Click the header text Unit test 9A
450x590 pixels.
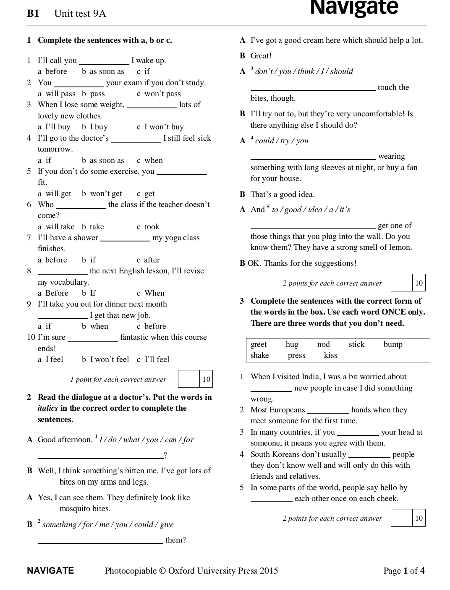(x=80, y=14)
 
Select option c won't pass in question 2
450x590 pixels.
(x=159, y=94)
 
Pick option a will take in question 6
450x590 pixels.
(x=56, y=227)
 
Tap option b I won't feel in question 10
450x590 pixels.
(x=105, y=359)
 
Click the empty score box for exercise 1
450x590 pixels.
(x=188, y=379)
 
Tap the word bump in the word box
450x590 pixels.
(x=392, y=344)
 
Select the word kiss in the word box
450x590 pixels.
(x=330, y=355)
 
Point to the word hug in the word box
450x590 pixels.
(x=292, y=344)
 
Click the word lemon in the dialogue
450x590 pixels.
(x=401, y=247)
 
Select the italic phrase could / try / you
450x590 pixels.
(x=282, y=141)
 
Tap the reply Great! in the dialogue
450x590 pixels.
(x=261, y=56)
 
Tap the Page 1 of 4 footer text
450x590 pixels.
(x=404, y=571)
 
